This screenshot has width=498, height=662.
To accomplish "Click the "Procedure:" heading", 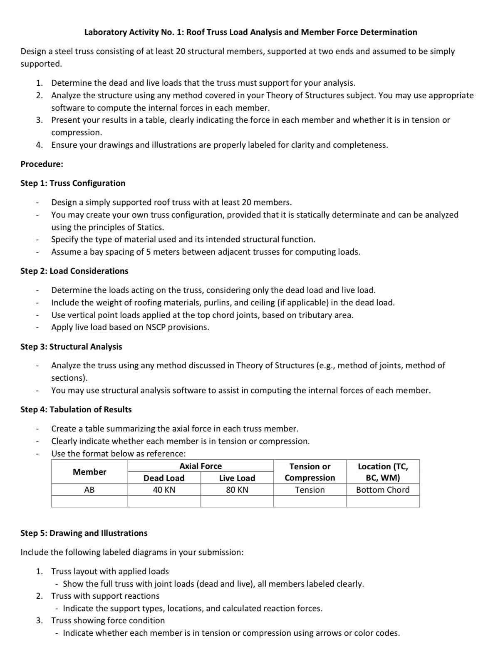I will (x=42, y=164).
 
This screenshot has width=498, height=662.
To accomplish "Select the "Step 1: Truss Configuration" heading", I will (x=73, y=183).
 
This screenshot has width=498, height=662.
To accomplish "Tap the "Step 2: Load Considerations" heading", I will (x=74, y=271).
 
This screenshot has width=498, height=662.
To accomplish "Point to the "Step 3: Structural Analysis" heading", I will (x=71, y=347).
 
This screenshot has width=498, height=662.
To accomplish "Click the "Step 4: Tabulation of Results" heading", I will (x=76, y=409).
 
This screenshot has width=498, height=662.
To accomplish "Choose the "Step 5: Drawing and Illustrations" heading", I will (x=84, y=533).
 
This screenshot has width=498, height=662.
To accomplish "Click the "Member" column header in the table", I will (x=89, y=472).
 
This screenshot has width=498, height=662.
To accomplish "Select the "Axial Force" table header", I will (x=201, y=466).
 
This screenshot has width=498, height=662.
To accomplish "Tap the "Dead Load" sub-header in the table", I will (x=164, y=478).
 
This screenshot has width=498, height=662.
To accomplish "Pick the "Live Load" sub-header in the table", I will (x=237, y=478).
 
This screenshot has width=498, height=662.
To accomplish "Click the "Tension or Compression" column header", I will (x=310, y=472).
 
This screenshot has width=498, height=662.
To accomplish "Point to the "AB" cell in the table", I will (x=89, y=490).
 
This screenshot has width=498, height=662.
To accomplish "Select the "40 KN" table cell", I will (x=164, y=490).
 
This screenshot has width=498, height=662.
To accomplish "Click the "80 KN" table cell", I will (x=237, y=490).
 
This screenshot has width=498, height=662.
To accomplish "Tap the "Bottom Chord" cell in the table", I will (x=383, y=490).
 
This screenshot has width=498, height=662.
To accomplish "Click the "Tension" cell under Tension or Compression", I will (x=310, y=490).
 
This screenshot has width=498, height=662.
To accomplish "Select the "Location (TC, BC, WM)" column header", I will (x=383, y=472).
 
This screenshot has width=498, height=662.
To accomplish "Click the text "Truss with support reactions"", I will (x=105, y=596).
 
